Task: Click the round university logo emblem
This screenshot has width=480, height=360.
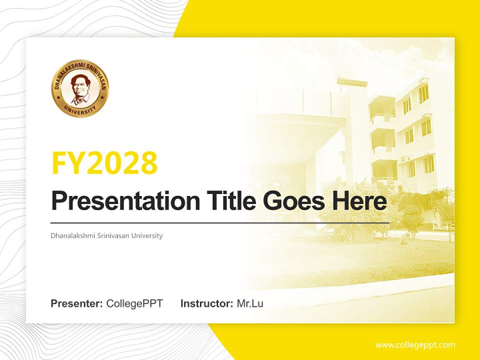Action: [x=80, y=88]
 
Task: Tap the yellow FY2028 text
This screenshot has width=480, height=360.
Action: [x=104, y=162]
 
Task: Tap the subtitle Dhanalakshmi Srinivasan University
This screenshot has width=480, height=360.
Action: [x=106, y=235]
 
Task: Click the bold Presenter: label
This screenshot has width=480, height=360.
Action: [x=77, y=303]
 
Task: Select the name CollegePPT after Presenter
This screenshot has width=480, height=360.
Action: [x=134, y=303]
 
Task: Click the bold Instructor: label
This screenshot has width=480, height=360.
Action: [x=206, y=303]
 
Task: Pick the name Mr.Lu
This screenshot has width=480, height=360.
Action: [x=250, y=303]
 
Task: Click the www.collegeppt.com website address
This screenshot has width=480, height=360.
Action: [x=415, y=345]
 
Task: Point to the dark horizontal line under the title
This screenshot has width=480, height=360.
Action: [x=220, y=222]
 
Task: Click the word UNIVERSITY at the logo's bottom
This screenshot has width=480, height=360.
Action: [x=80, y=110]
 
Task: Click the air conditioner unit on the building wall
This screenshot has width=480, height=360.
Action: [x=404, y=159]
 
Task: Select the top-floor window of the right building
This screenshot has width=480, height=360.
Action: [x=423, y=93]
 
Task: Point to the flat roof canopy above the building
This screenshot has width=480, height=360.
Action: [x=352, y=81]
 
